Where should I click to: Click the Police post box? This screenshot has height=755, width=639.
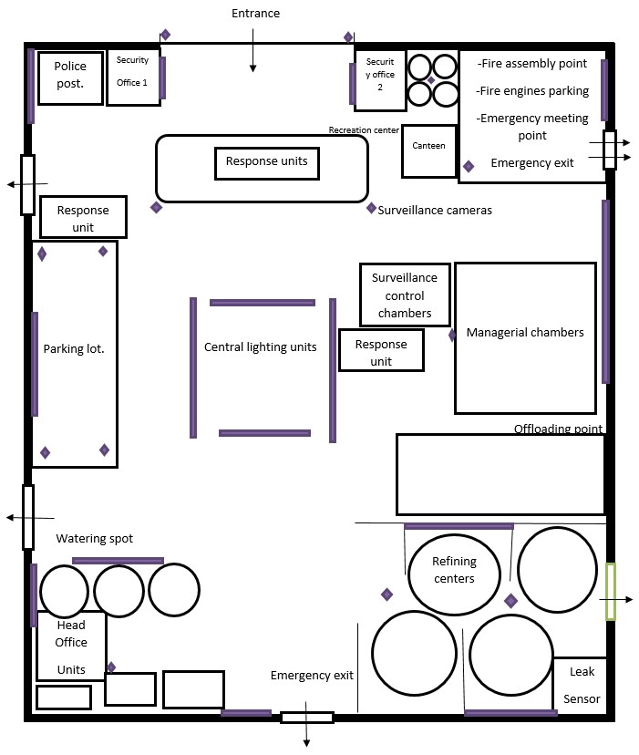(x=70, y=78)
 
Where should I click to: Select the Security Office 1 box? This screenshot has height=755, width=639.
(x=133, y=77)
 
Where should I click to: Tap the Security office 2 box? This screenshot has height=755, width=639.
(x=380, y=80)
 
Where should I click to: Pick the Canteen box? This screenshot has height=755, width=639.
(x=429, y=151)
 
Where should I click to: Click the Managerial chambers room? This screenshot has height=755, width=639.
(x=525, y=338)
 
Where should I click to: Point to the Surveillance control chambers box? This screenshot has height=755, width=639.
(x=405, y=295)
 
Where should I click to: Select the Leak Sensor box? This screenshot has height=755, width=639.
(x=580, y=686)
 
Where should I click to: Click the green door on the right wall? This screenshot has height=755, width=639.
(x=611, y=591)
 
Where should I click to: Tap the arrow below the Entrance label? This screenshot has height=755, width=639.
(x=253, y=50)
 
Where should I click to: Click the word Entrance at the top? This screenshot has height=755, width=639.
(x=256, y=13)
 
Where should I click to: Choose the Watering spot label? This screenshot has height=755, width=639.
(x=95, y=538)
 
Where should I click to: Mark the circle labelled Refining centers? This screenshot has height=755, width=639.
(x=454, y=574)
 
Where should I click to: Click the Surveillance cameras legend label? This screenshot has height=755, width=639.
(x=435, y=210)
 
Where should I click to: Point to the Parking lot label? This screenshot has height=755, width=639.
(x=74, y=348)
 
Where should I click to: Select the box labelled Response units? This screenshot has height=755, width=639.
(x=267, y=164)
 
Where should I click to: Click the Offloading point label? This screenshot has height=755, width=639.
(x=558, y=428)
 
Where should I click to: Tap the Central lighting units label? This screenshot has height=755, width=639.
(x=261, y=346)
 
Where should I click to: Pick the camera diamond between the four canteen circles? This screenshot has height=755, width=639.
(x=431, y=80)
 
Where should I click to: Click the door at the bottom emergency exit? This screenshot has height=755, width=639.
(x=307, y=718)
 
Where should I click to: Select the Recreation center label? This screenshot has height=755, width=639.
(x=364, y=130)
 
